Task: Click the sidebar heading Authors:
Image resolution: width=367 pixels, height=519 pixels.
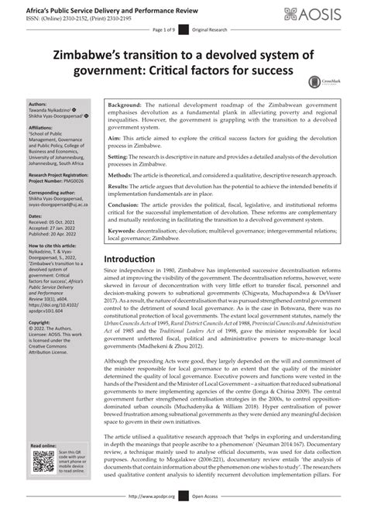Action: click(37, 103)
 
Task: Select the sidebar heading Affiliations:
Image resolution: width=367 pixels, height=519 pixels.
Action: click(41, 125)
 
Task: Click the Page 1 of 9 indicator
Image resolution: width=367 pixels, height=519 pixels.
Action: click(165, 29)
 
